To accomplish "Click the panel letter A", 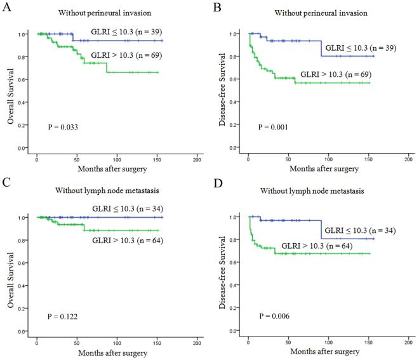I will point(5,6).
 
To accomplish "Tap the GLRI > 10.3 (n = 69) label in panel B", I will point(342,76).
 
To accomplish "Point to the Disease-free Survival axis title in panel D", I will point(223,274).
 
